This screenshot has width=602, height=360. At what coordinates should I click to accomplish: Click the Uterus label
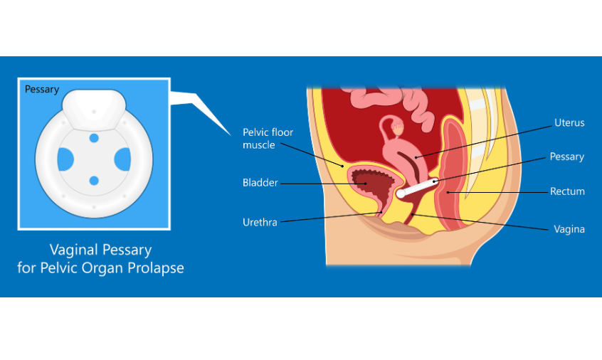pos(569,123)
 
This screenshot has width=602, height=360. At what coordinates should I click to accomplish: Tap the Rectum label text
pos(567,191)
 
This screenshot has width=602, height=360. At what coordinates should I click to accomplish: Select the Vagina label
pos(569,229)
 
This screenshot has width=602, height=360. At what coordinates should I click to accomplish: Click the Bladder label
pos(260,183)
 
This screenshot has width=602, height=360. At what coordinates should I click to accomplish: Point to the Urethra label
pos(260,223)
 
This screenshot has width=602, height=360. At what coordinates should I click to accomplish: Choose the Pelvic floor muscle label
pos(268,139)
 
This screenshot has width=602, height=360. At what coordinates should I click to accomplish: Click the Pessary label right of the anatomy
pos(566,157)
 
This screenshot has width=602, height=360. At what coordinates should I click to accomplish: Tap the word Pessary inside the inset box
pos(42,90)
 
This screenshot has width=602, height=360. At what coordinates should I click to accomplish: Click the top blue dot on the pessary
pos(94,138)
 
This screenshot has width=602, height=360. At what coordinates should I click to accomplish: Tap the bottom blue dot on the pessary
pos(94,181)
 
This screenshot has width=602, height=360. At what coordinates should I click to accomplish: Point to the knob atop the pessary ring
pos(93,107)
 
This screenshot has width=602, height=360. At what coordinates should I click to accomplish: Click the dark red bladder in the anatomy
pos(366,184)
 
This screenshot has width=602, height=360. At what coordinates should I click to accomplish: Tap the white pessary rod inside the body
pos(420,187)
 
